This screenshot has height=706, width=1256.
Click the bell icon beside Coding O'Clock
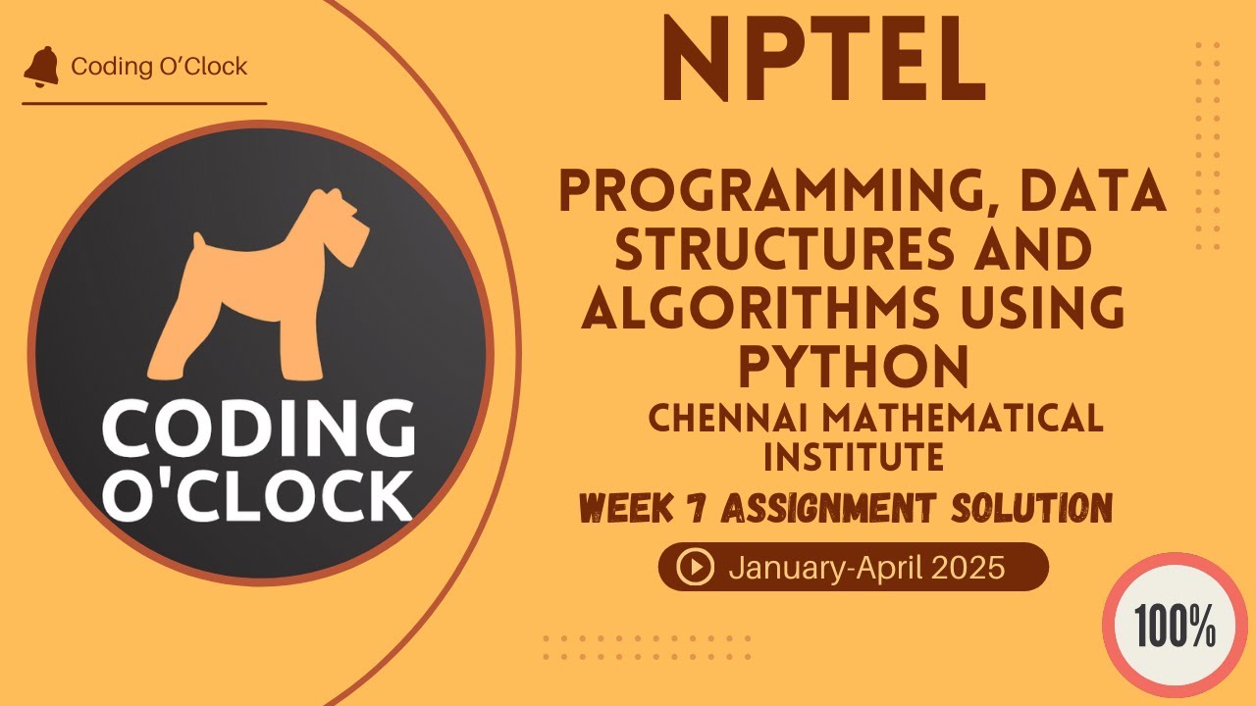[x=41, y=67]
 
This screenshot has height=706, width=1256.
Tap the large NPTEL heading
[x=823, y=61]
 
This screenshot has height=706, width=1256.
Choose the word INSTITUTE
[x=853, y=456]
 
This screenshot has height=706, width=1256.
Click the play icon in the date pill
[x=696, y=567]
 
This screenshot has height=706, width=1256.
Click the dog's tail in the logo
[x=200, y=245]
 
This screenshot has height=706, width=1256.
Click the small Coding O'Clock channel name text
[x=159, y=67]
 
